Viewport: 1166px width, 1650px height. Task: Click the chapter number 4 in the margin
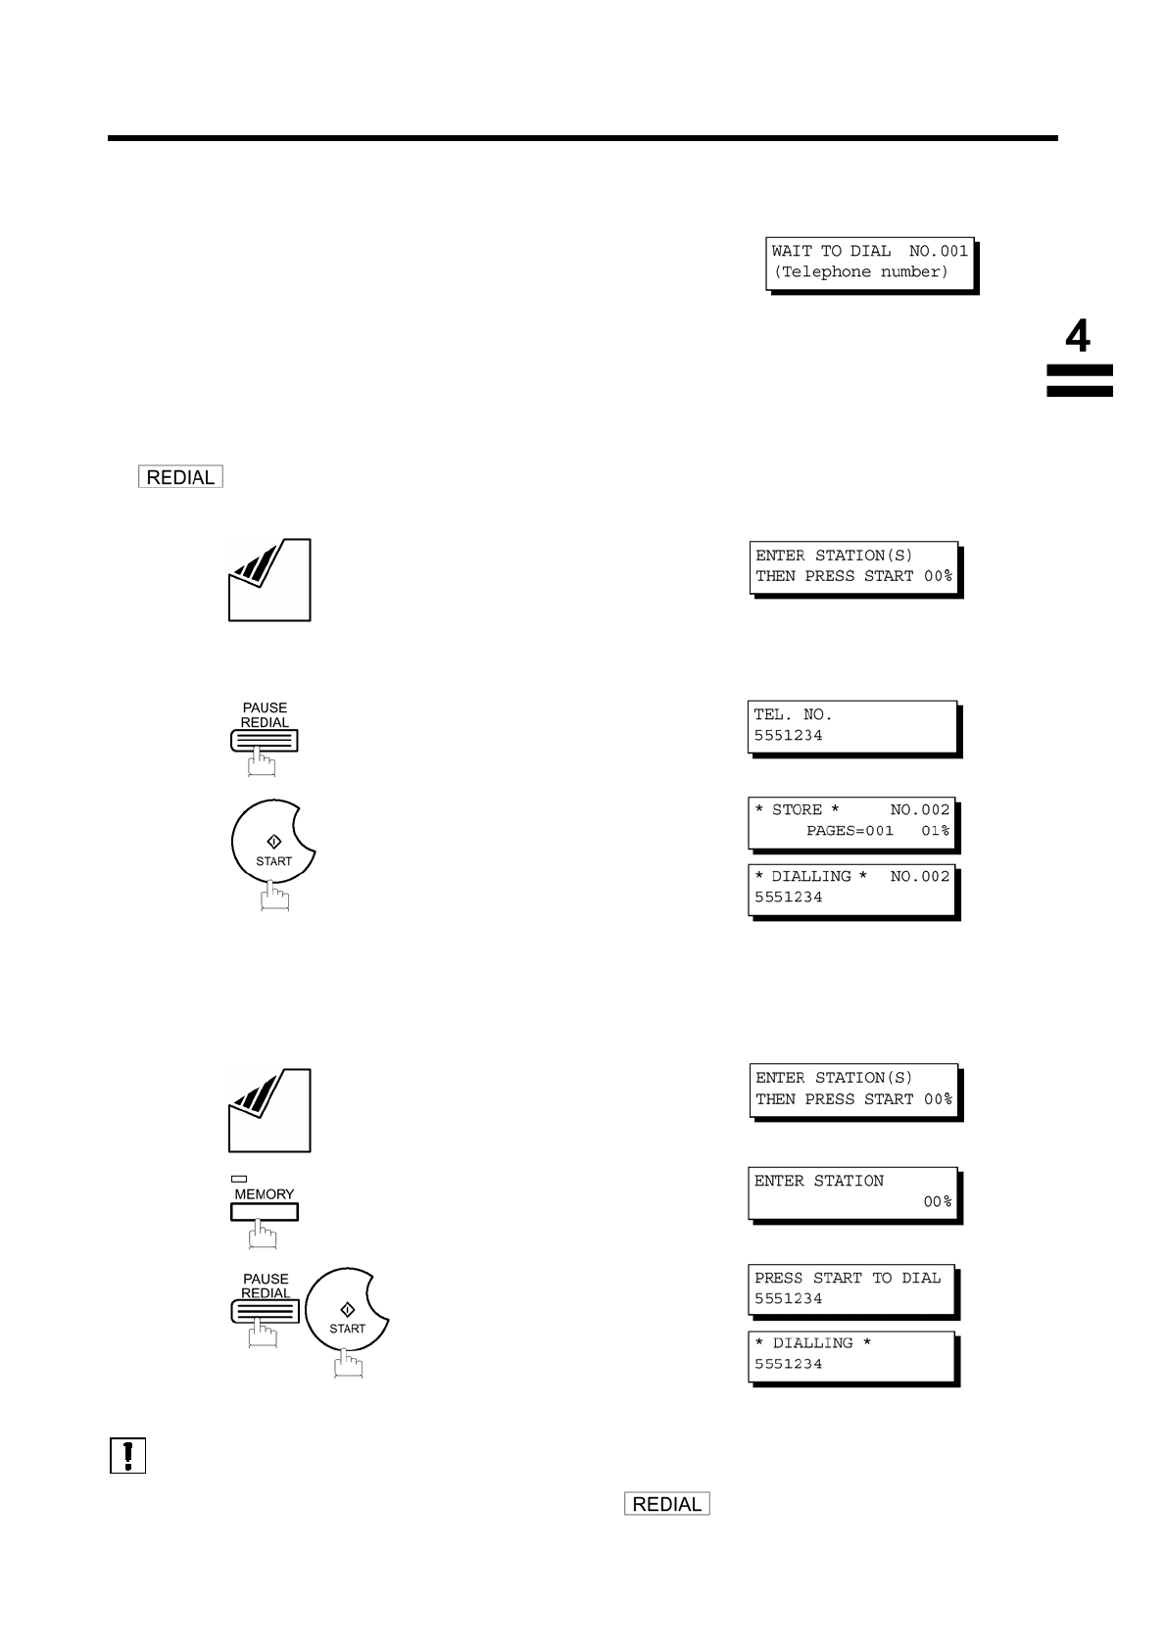click(1077, 336)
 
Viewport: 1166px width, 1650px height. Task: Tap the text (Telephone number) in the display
click(861, 272)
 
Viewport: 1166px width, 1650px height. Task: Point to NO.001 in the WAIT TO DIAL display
click(938, 251)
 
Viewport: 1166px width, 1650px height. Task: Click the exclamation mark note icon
click(127, 1455)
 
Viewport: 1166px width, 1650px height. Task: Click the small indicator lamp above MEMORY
click(239, 1179)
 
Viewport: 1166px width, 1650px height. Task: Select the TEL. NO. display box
click(852, 726)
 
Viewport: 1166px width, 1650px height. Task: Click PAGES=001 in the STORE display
click(850, 831)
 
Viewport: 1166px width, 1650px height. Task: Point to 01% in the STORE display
click(936, 831)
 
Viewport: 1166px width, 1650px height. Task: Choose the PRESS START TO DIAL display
click(850, 1289)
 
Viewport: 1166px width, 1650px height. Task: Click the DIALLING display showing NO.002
click(851, 888)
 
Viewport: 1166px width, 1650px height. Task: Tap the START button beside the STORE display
click(273, 842)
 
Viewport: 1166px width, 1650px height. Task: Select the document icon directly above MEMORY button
click(269, 1110)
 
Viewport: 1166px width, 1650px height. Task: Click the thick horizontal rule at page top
click(582, 138)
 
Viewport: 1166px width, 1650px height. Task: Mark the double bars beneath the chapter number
click(1079, 381)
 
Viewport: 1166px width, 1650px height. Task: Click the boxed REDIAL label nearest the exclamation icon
click(666, 1504)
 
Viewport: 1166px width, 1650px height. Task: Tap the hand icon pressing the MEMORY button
click(263, 1235)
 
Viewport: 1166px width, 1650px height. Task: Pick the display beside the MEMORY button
click(851, 1192)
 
